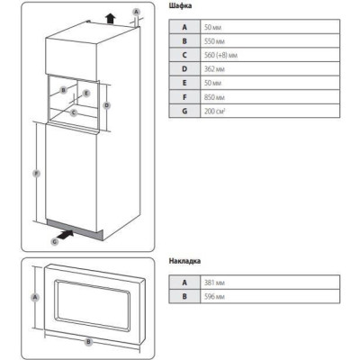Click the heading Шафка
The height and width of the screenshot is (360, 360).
(180, 6)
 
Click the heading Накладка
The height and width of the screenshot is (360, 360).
(184, 261)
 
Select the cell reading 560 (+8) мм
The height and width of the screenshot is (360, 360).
(270, 55)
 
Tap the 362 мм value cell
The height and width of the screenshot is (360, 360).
(270, 69)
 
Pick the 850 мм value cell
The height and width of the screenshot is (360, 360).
(270, 97)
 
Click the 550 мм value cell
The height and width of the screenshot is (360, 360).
(270, 41)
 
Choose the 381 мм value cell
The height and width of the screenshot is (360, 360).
(270, 283)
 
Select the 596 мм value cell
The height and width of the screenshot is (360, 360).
(270, 296)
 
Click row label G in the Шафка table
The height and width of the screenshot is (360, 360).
(184, 111)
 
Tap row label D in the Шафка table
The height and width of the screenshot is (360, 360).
(184, 69)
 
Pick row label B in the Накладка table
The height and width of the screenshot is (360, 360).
(184, 296)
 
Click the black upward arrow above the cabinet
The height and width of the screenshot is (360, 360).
(111, 19)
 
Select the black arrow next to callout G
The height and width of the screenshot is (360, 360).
(66, 235)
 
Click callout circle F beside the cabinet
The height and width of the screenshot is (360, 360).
(36, 174)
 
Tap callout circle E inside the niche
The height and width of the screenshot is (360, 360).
(86, 94)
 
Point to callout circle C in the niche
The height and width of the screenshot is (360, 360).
(74, 112)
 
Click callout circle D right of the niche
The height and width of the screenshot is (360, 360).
(106, 105)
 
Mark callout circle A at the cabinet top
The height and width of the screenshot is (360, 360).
(137, 12)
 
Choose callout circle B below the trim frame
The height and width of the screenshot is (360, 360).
(88, 342)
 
